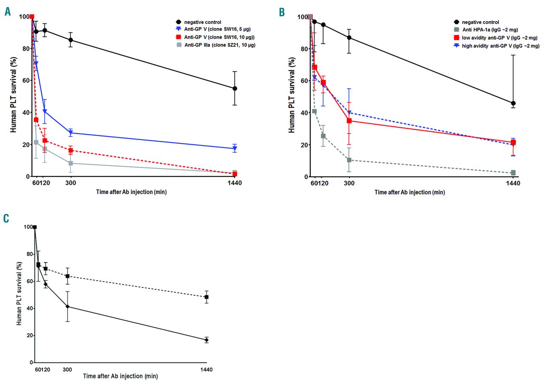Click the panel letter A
7,12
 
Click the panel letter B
282,12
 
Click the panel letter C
6,219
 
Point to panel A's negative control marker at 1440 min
235,88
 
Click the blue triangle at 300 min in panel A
71,133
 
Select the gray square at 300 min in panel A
71,163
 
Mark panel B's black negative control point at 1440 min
513,103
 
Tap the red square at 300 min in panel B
349,121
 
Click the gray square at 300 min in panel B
349,160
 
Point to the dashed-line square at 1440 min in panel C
207,297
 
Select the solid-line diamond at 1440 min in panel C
207,340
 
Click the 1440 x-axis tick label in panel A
235,183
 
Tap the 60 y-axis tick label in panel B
303,81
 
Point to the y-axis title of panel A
14,97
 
